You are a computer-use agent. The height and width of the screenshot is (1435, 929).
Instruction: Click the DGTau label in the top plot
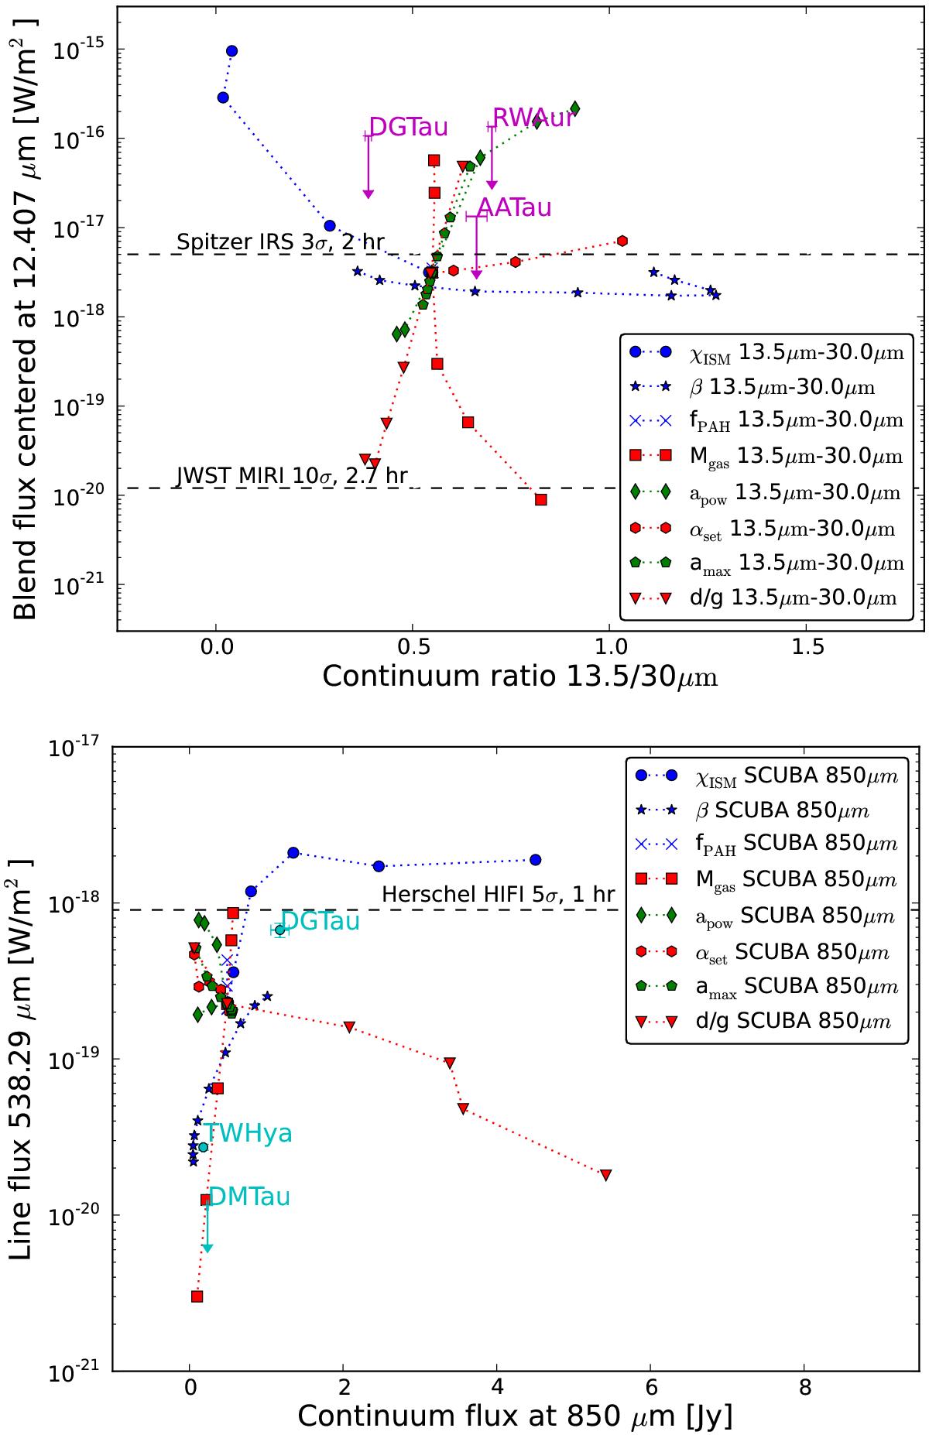[408, 127]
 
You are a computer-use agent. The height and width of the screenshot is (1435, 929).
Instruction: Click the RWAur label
[533, 118]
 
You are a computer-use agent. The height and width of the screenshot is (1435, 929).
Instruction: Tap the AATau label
[514, 207]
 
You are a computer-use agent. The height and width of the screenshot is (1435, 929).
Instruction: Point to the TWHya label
[248, 1134]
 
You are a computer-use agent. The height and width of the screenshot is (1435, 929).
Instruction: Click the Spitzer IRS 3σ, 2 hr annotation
[280, 242]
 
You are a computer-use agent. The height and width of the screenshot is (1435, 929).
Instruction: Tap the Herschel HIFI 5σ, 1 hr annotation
[499, 895]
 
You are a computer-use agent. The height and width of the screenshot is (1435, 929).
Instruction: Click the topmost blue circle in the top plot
[231, 51]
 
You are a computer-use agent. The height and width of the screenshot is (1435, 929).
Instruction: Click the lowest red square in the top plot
[541, 499]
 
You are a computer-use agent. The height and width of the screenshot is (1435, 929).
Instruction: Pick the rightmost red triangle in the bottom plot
[605, 1175]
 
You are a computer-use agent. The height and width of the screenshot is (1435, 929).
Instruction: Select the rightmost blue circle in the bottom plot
[535, 860]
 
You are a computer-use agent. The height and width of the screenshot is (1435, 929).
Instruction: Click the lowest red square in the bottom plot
[197, 1296]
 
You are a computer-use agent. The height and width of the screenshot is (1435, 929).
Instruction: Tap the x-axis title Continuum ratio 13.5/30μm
[519, 676]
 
